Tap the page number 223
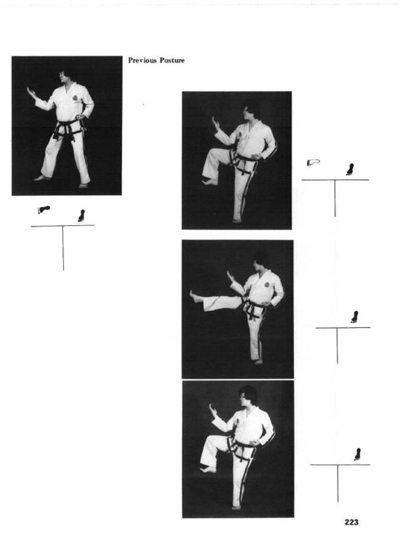(x=352, y=522)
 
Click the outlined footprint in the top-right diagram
(x=313, y=162)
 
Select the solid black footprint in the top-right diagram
(x=350, y=170)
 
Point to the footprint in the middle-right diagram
(x=355, y=317)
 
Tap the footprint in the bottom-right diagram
(x=357, y=454)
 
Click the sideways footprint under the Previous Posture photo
(x=44, y=209)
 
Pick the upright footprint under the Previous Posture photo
(x=81, y=216)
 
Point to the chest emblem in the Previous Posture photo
(x=75, y=98)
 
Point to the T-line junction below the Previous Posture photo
(x=63, y=226)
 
